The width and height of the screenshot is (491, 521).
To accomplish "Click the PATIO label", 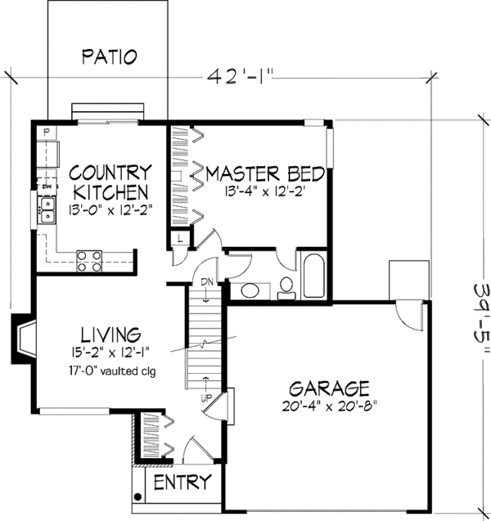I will click(x=109, y=56).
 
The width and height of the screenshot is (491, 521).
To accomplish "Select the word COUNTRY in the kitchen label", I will click(x=109, y=173).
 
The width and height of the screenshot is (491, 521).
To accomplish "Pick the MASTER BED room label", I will click(x=265, y=173).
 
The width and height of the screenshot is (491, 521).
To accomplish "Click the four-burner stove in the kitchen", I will click(x=90, y=261).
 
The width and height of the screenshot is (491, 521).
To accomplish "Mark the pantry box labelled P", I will click(x=47, y=132).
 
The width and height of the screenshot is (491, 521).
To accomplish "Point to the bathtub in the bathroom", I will click(x=314, y=277).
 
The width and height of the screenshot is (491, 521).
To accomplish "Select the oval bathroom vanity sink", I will click(x=250, y=291).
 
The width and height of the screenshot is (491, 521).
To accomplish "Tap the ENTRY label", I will click(x=182, y=481).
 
